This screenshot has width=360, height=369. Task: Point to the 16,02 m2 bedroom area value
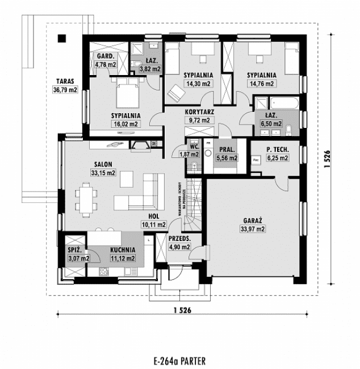click(x=125, y=123)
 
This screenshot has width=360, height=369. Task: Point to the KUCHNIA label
click(x=123, y=250)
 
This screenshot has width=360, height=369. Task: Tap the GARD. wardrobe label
click(x=106, y=57)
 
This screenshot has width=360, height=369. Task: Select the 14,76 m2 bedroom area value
click(x=261, y=83)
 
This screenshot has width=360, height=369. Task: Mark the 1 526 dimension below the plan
click(x=180, y=310)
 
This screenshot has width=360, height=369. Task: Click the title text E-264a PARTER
click(x=179, y=360)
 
